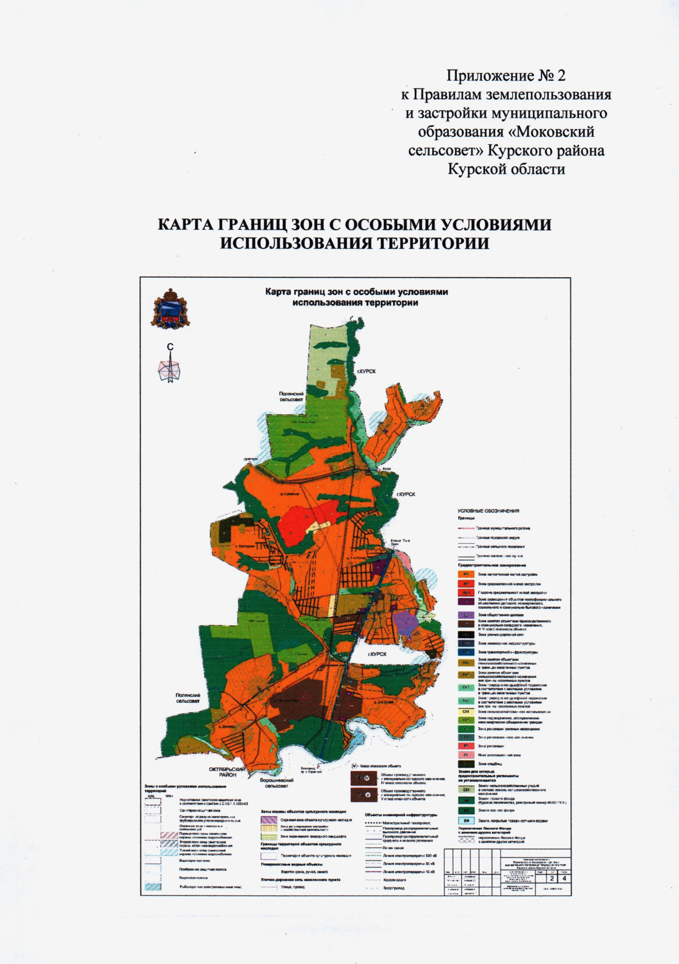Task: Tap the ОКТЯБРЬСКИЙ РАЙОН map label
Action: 227,772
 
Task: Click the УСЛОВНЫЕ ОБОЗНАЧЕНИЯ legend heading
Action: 488,511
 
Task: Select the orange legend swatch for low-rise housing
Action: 466,574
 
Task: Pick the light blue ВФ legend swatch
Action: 466,820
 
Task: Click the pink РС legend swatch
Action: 466,755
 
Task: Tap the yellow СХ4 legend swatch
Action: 466,711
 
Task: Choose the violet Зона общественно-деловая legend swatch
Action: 466,614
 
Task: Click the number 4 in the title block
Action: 562,879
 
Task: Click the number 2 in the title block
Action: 551,879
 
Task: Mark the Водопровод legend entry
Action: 394,888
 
